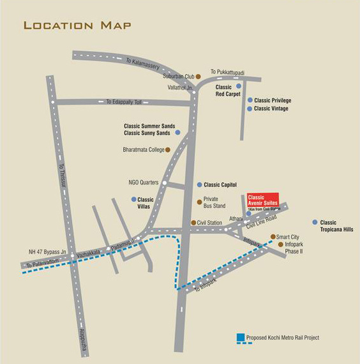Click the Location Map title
pyautogui.click(x=77, y=25)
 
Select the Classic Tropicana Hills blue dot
pyautogui.click(x=315, y=222)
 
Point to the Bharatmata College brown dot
pyautogui.click(x=168, y=150)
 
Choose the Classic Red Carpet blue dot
pyautogui.click(x=239, y=86)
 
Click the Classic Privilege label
pyautogui.click(x=273, y=100)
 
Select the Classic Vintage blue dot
pyautogui.click(x=250, y=109)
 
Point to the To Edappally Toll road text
pyautogui.click(x=128, y=102)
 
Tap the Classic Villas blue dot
pyautogui.click(x=134, y=199)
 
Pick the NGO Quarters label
pyautogui.click(x=144, y=183)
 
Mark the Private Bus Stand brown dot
pyautogui.click(x=199, y=202)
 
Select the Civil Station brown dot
pyautogui.click(x=194, y=223)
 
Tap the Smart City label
pyautogui.click(x=288, y=237)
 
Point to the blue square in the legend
pyautogui.click(x=239, y=337)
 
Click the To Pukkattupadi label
pyautogui.click(x=228, y=72)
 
